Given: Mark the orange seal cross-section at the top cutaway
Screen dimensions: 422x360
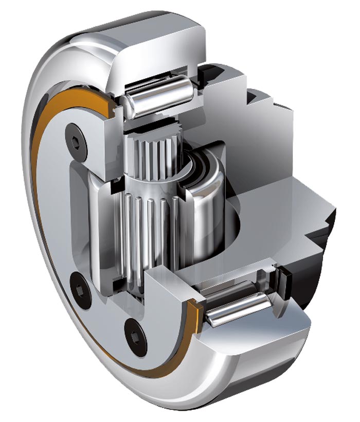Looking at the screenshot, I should tap(110, 105).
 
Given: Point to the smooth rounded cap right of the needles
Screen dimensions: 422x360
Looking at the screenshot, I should tap(206, 206).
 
